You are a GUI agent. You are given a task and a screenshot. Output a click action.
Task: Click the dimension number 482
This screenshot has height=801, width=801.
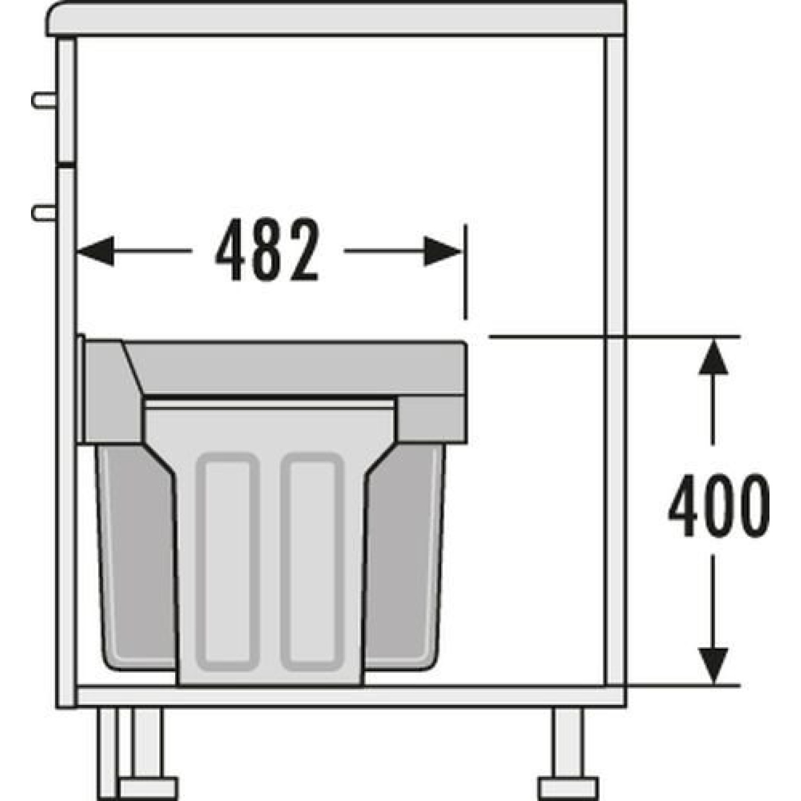tap(267, 249)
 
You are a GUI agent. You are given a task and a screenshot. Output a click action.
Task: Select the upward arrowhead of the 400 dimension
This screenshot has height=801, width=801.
tap(713, 356)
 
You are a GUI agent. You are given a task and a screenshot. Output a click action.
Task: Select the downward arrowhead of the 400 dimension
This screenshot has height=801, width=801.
tap(713, 666)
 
